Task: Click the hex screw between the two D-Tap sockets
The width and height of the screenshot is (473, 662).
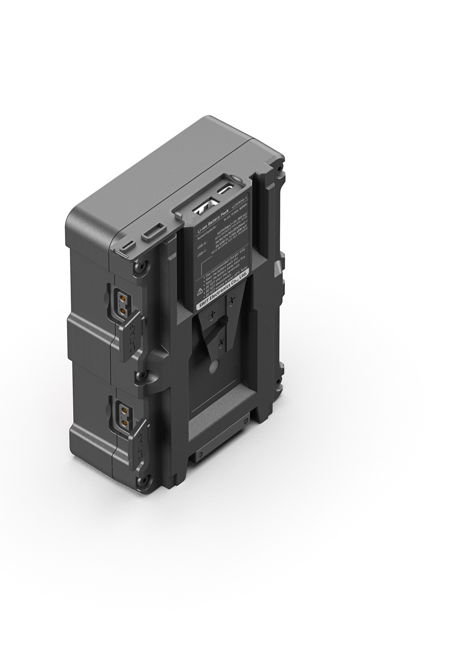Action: tap(141, 376)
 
